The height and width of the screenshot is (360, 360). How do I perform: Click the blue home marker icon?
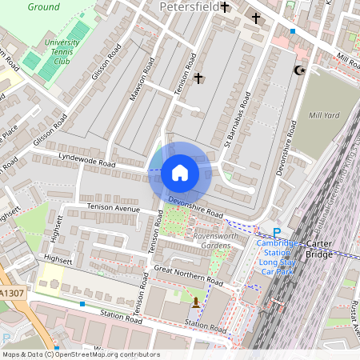pyautogui.click(x=180, y=173)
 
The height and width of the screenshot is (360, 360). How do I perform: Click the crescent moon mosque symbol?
pyautogui.click(x=300, y=70)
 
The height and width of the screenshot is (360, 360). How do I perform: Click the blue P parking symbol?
pyautogui.click(x=277, y=233)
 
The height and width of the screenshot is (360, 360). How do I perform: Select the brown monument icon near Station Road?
pyautogui.click(x=196, y=302)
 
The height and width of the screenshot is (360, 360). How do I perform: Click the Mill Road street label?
pyautogui.click(x=348, y=62)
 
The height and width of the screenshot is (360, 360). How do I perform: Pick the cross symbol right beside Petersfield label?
pyautogui.click(x=225, y=7)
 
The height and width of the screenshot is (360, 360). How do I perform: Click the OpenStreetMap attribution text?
pyautogui.click(x=80, y=354)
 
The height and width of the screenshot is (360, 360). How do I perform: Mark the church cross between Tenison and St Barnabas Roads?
pyautogui.click(x=198, y=78)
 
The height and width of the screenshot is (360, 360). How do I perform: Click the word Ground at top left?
pyautogui.click(x=43, y=6)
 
